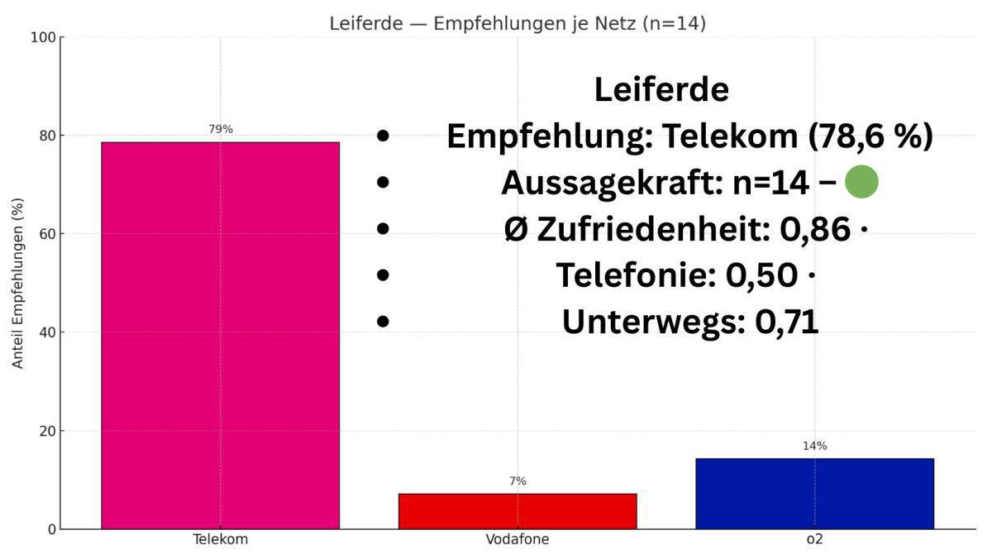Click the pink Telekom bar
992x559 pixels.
pos(220,335)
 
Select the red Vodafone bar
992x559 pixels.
pos(517,511)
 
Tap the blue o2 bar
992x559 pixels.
pos(814,494)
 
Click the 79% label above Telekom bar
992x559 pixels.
pos(220,129)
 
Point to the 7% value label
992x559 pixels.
pos(517,481)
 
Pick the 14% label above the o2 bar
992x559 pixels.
pos(814,446)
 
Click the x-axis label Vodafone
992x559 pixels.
pos(517,540)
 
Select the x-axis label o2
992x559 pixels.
pos(814,540)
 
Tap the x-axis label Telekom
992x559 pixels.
pos(220,540)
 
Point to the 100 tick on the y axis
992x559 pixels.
pos(42,37)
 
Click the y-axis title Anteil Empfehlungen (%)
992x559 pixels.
pos(18,283)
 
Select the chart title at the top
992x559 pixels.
pos(517,23)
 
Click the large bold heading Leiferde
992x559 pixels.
pos(661,89)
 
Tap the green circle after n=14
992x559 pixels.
pos(861,182)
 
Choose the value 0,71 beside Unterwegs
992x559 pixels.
pos(786,322)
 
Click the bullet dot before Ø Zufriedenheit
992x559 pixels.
pos(382,229)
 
